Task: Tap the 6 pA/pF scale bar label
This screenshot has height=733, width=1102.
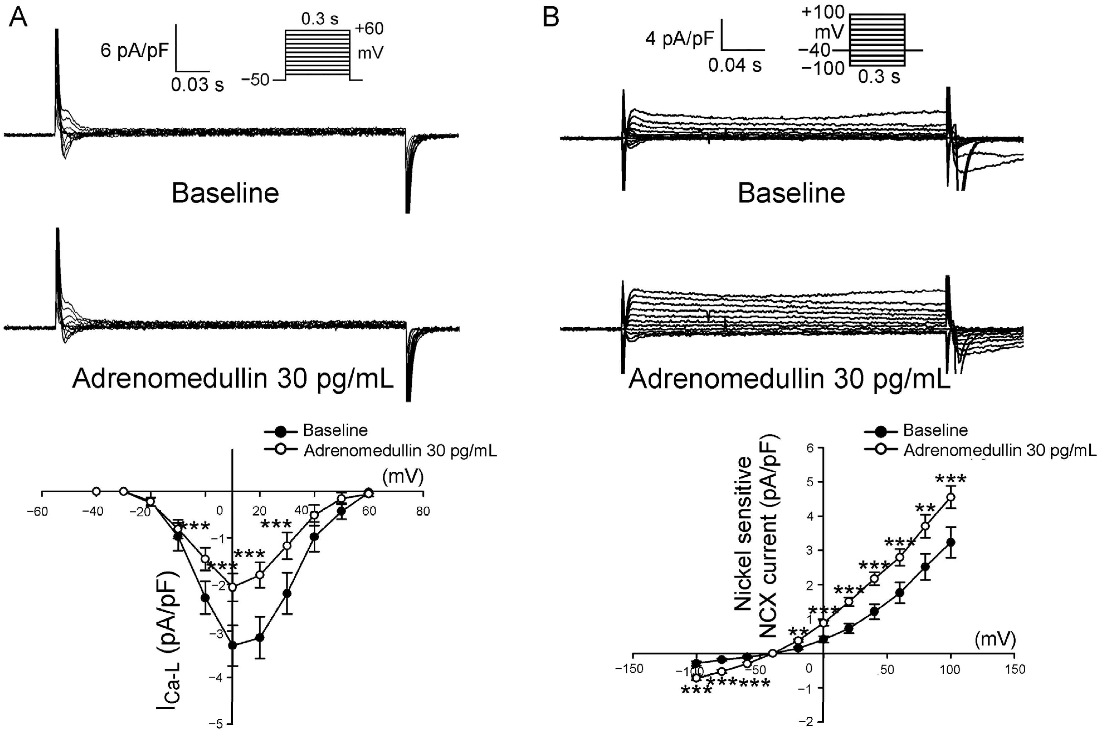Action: click(x=134, y=50)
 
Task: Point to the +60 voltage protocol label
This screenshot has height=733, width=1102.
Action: click(x=369, y=29)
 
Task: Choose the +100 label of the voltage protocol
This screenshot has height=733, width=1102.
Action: click(x=823, y=12)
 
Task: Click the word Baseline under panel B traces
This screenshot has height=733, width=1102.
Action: click(x=791, y=193)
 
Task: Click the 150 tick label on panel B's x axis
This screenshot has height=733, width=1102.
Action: click(x=1014, y=669)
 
